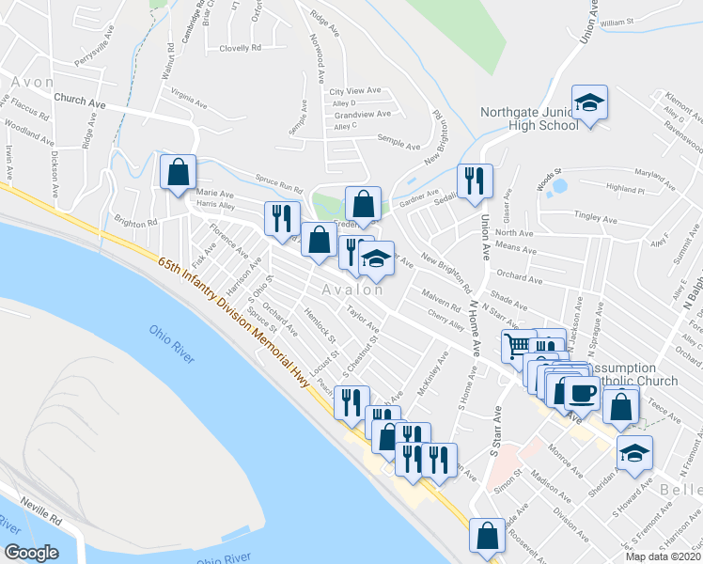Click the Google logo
(32, 553)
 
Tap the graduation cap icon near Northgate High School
(589, 103)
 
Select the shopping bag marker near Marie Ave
(178, 173)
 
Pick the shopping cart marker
(517, 346)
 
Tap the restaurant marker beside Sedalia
(474, 180)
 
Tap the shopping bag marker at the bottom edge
(487, 536)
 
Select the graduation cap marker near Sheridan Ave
(635, 453)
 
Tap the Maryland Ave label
(630, 174)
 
